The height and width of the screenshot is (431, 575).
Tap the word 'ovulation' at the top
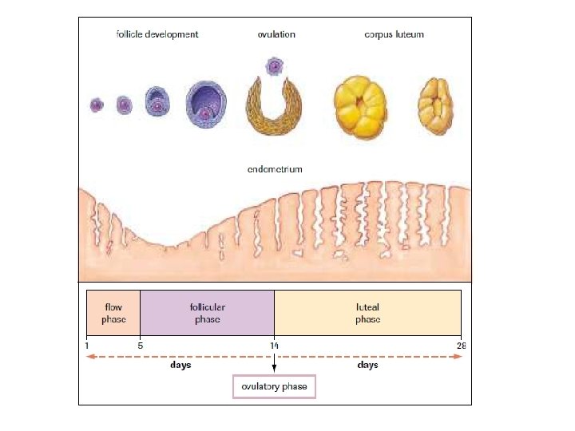[x=276, y=34]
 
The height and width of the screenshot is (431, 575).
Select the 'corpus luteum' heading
[x=394, y=34]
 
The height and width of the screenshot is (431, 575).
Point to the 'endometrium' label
[x=275, y=169]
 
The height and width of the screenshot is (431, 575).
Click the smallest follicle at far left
[x=97, y=105]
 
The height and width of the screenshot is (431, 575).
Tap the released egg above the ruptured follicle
[x=275, y=66]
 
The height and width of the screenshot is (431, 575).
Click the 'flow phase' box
[x=113, y=313]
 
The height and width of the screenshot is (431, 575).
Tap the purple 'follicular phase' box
[x=207, y=313]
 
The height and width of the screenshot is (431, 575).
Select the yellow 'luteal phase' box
[x=367, y=313]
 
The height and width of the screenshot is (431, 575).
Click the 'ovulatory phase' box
[x=274, y=386]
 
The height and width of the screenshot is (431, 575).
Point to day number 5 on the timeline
[x=140, y=346]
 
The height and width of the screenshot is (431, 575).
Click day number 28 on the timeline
[x=461, y=346]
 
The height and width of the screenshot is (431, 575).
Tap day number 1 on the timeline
[x=86, y=346]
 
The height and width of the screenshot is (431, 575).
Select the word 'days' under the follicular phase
[x=180, y=366]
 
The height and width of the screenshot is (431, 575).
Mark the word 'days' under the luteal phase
[x=367, y=366]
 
